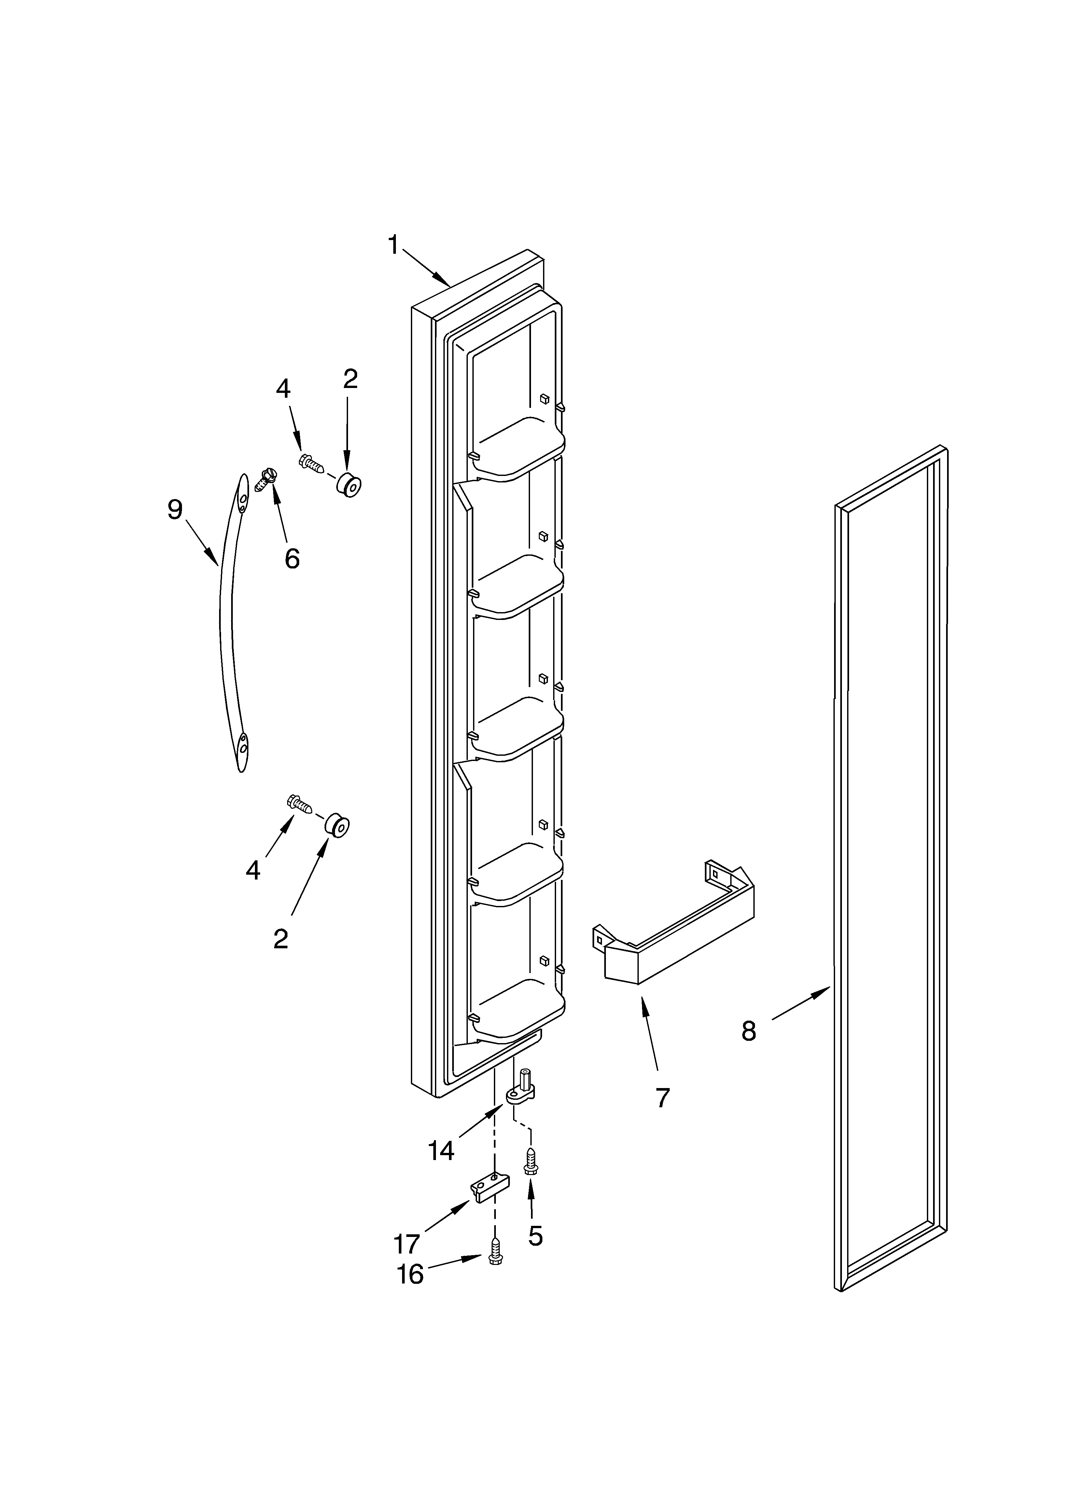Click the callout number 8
[749, 1031]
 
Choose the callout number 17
[407, 1243]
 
